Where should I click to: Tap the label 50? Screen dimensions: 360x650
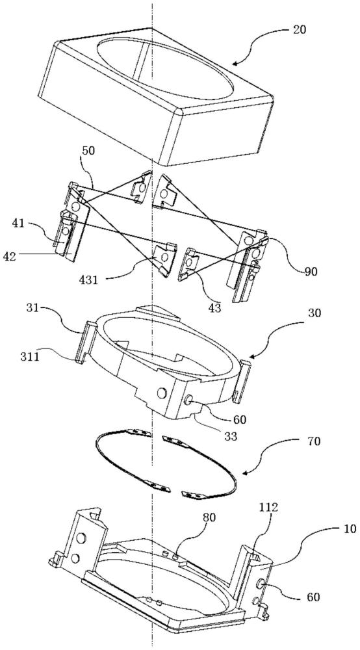click(88, 151)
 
